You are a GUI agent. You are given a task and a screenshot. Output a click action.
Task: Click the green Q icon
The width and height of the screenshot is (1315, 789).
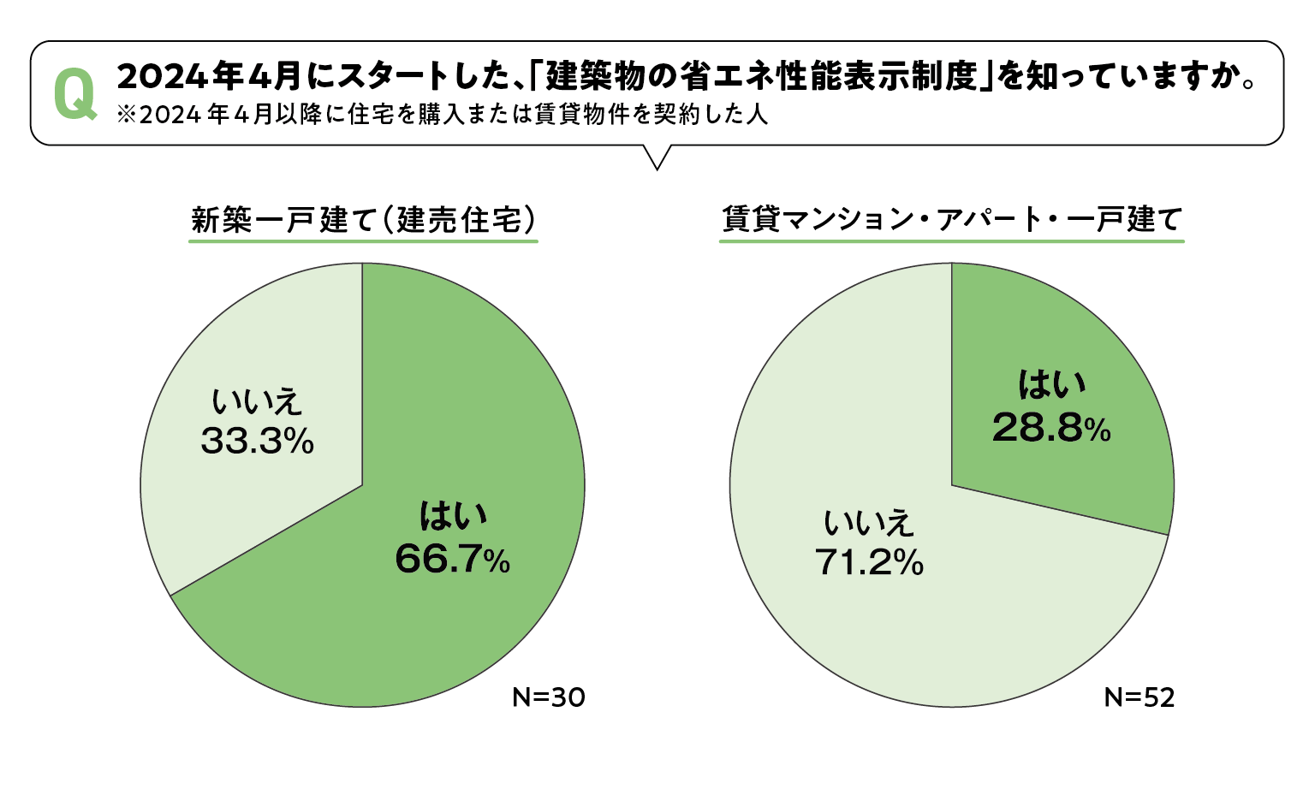pos(74,95)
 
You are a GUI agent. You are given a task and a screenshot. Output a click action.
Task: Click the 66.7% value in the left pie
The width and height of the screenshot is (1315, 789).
pos(452,560)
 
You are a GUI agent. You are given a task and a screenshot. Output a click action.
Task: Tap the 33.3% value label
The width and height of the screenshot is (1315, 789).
pos(257,442)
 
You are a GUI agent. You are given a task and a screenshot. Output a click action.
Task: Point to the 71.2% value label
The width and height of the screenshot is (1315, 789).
pos(869,562)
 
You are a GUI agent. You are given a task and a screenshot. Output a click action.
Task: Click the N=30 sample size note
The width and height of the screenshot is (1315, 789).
pos(548,697)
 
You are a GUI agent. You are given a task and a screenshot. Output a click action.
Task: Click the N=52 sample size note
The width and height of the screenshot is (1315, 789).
pos(1139,697)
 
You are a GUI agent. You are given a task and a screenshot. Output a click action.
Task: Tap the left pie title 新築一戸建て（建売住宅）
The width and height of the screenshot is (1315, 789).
pos(363,220)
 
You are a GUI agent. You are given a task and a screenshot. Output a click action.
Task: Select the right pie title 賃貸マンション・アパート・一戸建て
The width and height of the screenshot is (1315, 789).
pos(951,219)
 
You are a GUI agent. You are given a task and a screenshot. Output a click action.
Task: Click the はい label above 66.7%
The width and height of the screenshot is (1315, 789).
pos(452,516)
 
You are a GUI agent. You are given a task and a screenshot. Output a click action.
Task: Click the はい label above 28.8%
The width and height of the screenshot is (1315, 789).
pos(1050,385)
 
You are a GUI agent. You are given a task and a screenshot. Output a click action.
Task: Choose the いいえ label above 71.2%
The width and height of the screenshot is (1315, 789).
pos(869,522)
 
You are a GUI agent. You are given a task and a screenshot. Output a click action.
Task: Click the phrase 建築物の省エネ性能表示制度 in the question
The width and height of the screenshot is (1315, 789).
pos(761,77)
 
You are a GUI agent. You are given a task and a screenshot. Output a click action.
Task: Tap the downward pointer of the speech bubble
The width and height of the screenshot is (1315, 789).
pos(657,158)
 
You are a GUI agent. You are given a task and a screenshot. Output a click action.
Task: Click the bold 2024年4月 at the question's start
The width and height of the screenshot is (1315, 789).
pos(209,77)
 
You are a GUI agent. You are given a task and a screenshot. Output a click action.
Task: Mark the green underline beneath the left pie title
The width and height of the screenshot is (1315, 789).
pos(363,241)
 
